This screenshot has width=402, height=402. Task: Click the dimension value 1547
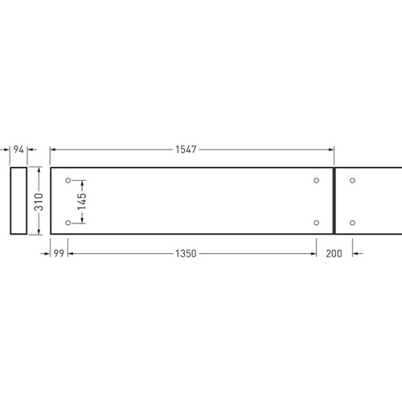pos(186,150)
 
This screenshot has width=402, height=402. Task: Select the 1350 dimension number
pos(186,253)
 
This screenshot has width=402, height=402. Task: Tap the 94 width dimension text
pos(18,150)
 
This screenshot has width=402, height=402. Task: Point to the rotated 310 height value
pos(39,202)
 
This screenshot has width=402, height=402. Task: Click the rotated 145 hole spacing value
pos(82,201)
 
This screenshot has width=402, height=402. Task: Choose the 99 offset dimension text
pos(59,253)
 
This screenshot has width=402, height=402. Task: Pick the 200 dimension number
pos(334,253)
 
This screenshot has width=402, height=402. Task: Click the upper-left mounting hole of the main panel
pos(68,180)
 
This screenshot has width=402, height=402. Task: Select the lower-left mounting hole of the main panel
pos(68,223)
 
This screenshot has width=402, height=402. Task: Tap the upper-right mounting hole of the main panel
pos(316,180)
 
